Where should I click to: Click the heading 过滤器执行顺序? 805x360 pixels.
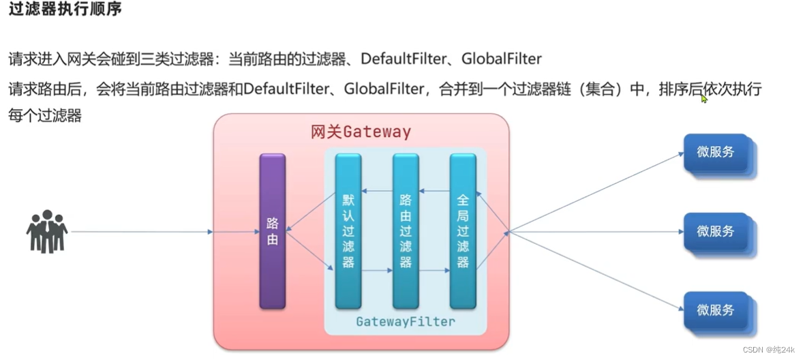pyautogui.click(x=65, y=12)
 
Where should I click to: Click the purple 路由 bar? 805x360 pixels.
pyautogui.click(x=272, y=231)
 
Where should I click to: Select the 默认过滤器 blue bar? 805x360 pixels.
pyautogui.click(x=348, y=231)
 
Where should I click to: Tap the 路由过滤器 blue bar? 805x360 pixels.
pyautogui.click(x=406, y=231)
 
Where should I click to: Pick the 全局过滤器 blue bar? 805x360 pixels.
pyautogui.click(x=463, y=231)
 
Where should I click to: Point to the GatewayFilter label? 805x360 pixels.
pyautogui.click(x=405, y=321)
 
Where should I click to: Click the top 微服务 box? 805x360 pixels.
pyautogui.click(x=716, y=153)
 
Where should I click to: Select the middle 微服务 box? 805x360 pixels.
pyautogui.click(x=716, y=232)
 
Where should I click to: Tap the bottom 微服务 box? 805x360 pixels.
pyautogui.click(x=716, y=310)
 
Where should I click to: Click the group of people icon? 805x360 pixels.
pyautogui.click(x=47, y=231)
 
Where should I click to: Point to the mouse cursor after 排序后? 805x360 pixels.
pyautogui.click(x=704, y=99)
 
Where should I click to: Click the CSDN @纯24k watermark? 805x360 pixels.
pyautogui.click(x=770, y=350)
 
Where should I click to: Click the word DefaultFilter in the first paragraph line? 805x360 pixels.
pyautogui.click(x=403, y=59)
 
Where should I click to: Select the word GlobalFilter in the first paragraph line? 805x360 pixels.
pyautogui.click(x=501, y=59)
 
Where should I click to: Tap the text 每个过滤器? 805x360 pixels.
pyautogui.click(x=45, y=115)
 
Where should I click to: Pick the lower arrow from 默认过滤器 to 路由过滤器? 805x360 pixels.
pyautogui.click(x=377, y=271)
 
